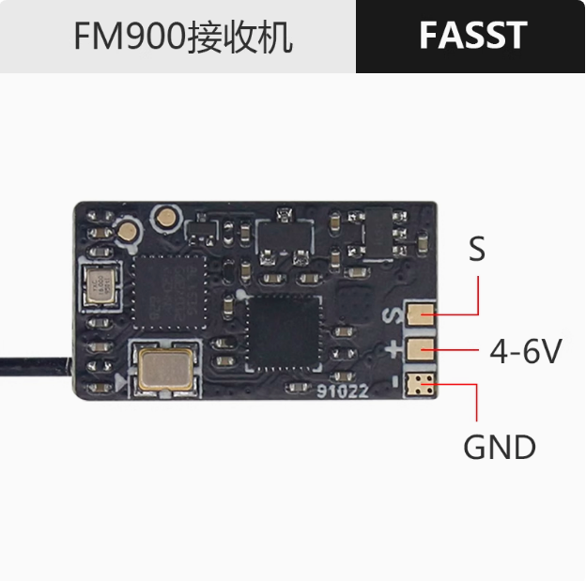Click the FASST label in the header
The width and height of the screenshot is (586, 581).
point(472,36)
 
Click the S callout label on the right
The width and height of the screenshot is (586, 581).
point(477,250)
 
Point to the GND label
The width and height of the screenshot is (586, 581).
point(499,447)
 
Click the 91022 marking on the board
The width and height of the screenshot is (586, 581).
point(343,394)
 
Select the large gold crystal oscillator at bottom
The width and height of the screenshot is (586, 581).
point(164,367)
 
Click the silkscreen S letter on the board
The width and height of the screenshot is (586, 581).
point(392,316)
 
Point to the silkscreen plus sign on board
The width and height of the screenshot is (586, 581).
point(392,350)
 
